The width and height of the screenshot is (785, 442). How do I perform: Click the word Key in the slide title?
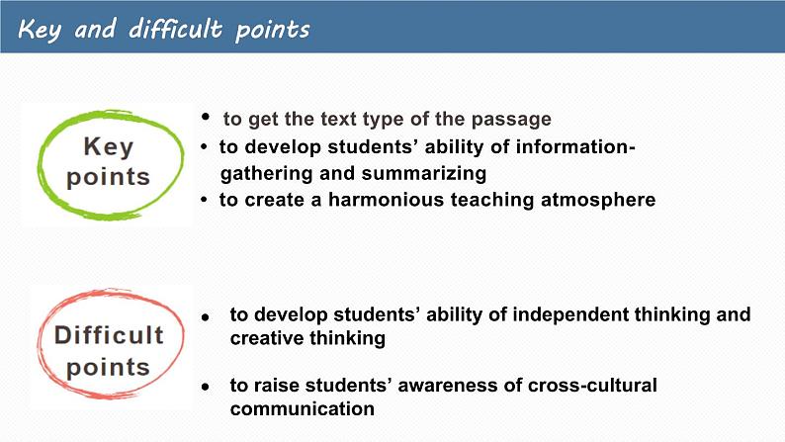[40, 30]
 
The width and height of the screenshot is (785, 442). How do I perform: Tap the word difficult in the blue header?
[175, 28]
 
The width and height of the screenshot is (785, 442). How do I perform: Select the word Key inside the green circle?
[109, 146]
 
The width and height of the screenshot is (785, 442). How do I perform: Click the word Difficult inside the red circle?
[109, 335]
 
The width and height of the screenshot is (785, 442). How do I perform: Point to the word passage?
[511, 120]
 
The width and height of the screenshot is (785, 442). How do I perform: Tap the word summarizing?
[423, 174]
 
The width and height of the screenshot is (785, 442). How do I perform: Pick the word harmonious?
[387, 200]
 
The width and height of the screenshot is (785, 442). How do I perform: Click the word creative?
[266, 338]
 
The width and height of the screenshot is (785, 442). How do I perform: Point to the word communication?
[302, 409]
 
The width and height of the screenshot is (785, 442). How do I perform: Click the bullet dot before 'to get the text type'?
[206, 117]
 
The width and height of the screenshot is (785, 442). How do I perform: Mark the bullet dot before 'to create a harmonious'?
[204, 200]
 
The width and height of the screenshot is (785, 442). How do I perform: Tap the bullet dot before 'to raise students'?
[206, 387]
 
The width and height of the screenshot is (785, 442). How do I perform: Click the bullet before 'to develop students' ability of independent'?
[206, 316]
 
